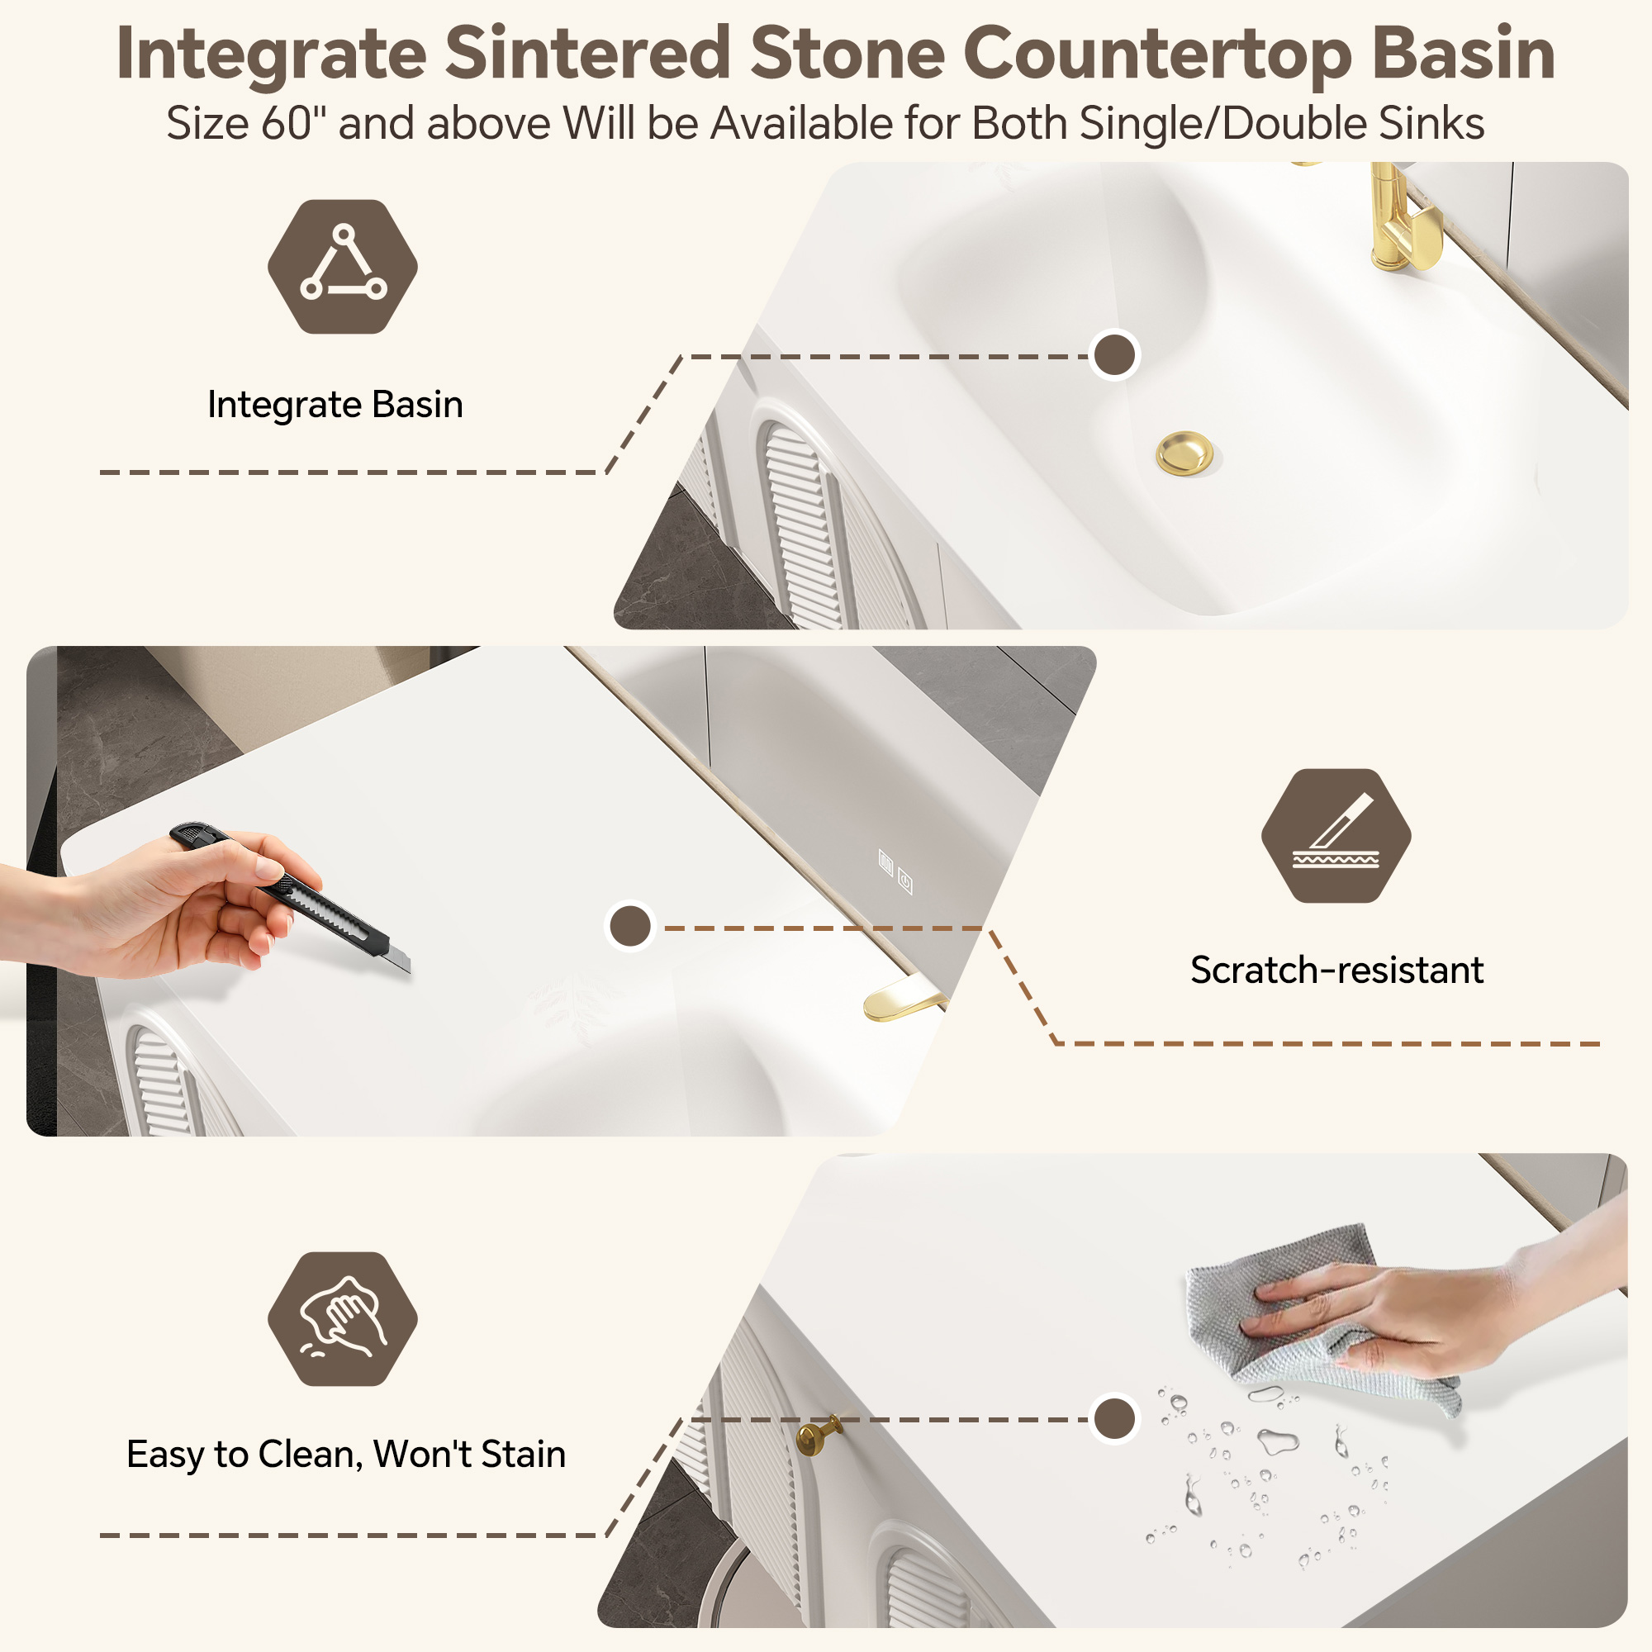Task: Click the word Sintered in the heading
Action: coord(587,55)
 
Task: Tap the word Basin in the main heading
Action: coord(1463,55)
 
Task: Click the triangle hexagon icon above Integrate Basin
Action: coord(343,266)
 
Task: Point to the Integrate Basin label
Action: coord(335,405)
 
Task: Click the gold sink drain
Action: coord(1184,453)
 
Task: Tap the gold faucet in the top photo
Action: coord(1402,218)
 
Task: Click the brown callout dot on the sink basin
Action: coord(1115,355)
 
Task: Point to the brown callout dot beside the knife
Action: coord(630,926)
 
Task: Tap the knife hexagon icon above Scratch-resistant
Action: coord(1336,835)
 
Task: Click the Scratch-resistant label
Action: coord(1336,970)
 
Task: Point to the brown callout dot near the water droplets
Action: coord(1115,1418)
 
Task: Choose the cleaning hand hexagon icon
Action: coord(343,1318)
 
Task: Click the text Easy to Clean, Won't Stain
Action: coord(346,1455)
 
